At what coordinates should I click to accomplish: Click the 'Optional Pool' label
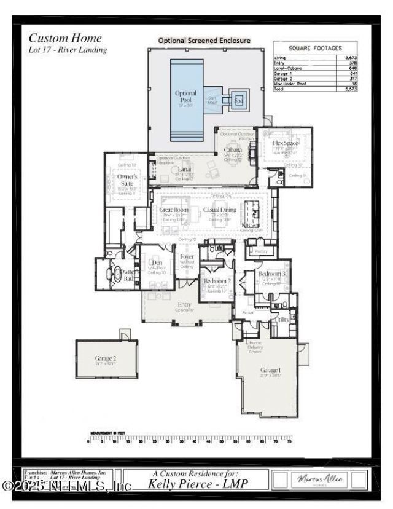pyautogui.click(x=186, y=97)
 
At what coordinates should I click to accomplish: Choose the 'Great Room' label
pyautogui.click(x=173, y=210)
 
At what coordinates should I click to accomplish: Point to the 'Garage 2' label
pyautogui.click(x=106, y=358)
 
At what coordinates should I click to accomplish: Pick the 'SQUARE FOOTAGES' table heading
pyautogui.click(x=315, y=48)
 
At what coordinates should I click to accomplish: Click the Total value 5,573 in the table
pyautogui.click(x=351, y=89)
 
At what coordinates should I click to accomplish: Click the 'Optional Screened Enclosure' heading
pyautogui.click(x=204, y=41)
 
